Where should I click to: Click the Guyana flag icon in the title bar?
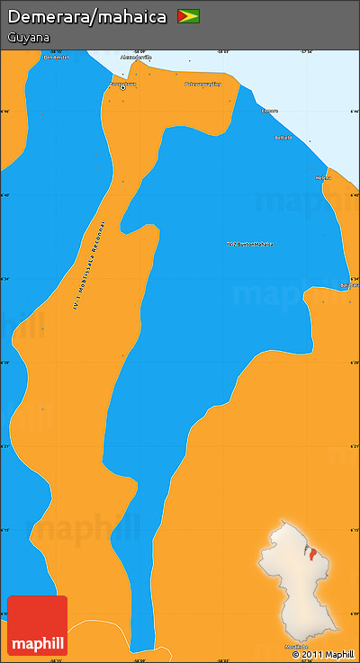(188, 16)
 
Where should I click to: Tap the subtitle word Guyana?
(28, 38)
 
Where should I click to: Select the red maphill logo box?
(37, 625)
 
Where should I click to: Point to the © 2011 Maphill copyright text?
(323, 654)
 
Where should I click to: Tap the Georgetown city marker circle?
(122, 87)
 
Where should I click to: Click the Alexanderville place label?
(136, 57)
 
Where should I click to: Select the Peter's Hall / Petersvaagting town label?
(202, 84)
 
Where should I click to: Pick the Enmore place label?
(269, 111)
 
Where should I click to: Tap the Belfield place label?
(283, 139)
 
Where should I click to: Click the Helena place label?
(323, 177)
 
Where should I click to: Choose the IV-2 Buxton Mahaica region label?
(249, 244)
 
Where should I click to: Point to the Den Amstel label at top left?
(57, 57)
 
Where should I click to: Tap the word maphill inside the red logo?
(37, 643)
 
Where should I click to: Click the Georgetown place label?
(122, 83)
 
